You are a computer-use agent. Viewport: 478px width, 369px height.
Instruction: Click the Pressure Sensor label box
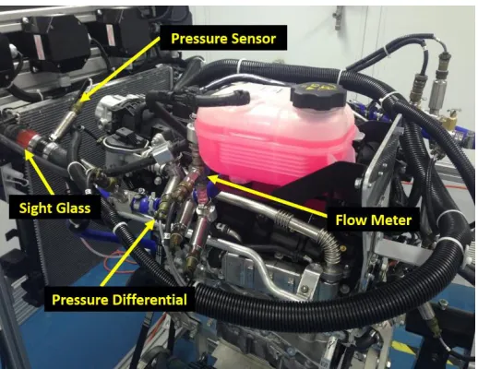point(223,38)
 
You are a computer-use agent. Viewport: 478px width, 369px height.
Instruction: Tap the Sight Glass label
point(54,208)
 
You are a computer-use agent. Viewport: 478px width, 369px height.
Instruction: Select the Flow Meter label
point(373,220)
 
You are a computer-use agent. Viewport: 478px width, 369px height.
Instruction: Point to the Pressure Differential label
point(119,299)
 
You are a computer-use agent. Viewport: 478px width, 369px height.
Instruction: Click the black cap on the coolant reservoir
point(318,95)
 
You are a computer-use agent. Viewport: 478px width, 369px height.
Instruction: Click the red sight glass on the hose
point(26,138)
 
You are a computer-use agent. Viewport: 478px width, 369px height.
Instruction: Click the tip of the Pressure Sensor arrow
point(80,101)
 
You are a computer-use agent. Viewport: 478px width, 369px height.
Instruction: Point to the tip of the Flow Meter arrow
point(208,176)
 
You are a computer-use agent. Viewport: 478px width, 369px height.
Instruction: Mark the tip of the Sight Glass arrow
point(26,150)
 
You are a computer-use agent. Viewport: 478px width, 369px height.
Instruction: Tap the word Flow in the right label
point(352,220)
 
